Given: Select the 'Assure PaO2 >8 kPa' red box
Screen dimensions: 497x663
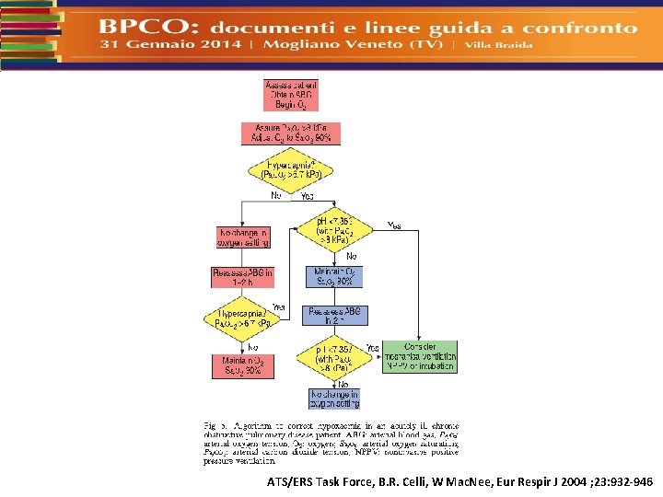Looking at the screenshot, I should (290, 133).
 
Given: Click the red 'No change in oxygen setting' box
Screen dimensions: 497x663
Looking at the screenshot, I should (242, 237).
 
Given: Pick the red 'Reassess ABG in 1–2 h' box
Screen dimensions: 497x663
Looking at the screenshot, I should (242, 276).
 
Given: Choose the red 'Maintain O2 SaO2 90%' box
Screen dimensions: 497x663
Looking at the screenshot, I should (241, 365).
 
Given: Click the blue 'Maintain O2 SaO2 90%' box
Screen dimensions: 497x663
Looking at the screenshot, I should (334, 276).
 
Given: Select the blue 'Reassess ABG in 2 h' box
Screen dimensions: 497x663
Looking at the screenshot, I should (334, 315).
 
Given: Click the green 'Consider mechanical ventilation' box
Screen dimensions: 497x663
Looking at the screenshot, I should (419, 357).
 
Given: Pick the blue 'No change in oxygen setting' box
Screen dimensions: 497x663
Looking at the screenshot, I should (334, 398).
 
